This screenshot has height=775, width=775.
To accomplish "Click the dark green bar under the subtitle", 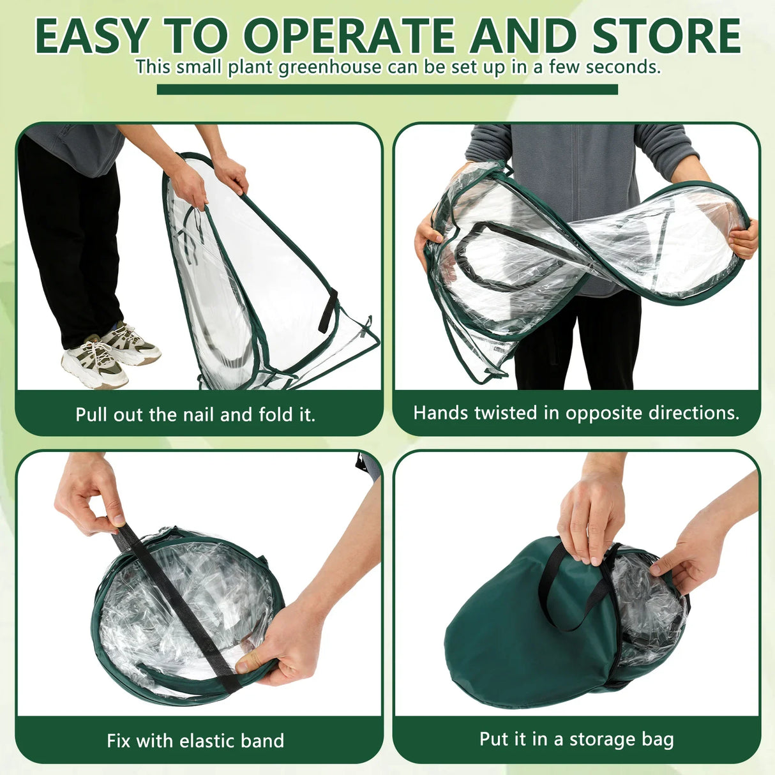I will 387,89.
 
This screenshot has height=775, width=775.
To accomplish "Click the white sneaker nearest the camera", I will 93,364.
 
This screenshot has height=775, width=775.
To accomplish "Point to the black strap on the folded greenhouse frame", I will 328,310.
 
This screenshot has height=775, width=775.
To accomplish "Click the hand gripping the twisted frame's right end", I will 744,239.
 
